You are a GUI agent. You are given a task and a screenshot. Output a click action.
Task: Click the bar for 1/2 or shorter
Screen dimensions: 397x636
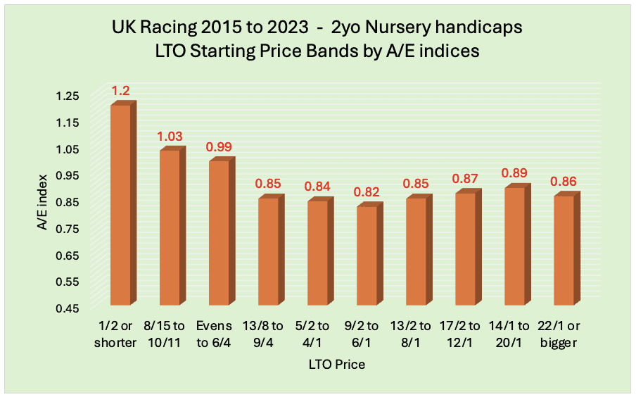(120, 204)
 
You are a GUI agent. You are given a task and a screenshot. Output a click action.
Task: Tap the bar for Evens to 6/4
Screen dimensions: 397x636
(219, 232)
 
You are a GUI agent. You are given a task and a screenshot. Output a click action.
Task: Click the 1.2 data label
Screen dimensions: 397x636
(120, 91)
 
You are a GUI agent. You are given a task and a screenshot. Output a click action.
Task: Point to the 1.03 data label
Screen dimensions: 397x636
(170, 136)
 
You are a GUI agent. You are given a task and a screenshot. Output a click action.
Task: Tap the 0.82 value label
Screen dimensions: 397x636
(367, 191)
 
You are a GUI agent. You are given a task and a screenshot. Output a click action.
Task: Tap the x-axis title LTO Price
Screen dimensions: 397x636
(336, 365)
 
